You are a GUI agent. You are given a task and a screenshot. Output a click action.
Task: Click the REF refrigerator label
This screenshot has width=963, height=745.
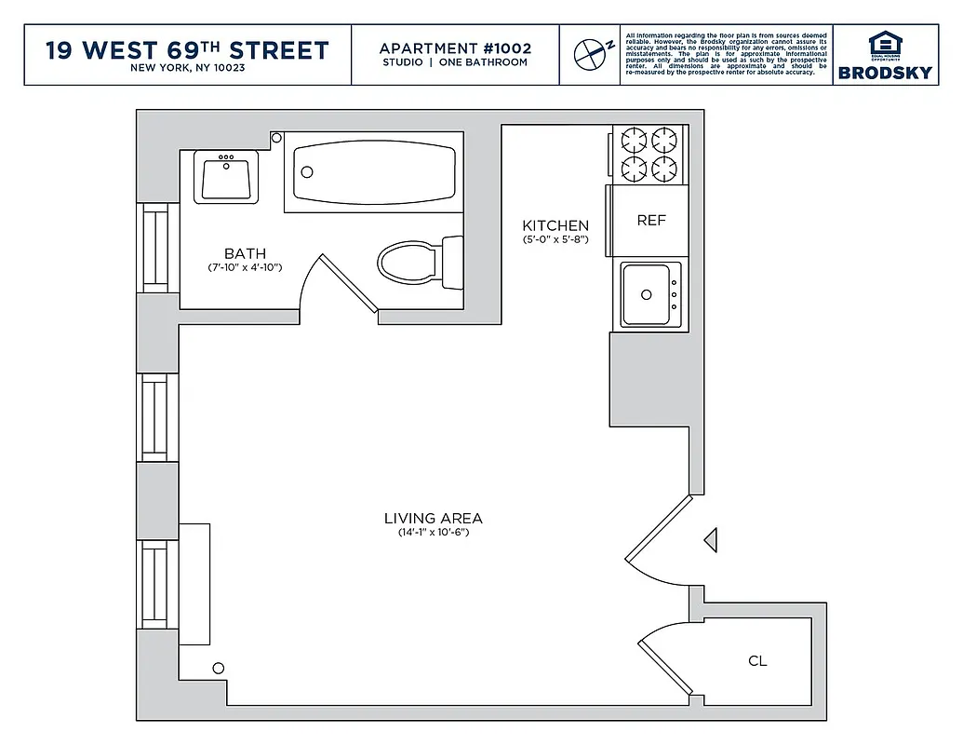coord(651,221)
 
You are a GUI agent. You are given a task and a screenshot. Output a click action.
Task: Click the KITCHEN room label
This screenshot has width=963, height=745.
coord(555,225)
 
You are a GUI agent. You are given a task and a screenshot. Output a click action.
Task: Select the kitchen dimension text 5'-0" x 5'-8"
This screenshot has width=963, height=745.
coord(555,240)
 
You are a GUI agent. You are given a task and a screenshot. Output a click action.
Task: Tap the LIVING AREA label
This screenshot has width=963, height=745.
coord(434,519)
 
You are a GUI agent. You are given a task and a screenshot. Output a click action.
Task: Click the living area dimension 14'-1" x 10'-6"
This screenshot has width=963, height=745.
coord(434,533)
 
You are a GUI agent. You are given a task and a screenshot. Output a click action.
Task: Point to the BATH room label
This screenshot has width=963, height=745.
coord(245,253)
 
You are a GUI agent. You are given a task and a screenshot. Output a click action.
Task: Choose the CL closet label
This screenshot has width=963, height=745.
coord(757,661)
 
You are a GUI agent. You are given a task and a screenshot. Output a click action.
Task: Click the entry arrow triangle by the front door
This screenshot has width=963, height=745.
coord(710,539)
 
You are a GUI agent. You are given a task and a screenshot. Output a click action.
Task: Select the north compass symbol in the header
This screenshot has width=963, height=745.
coord(590,54)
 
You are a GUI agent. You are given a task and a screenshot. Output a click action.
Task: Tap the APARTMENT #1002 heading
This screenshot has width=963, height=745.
coord(456,48)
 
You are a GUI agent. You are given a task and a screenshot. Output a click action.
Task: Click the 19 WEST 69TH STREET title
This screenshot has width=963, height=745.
coord(187,49)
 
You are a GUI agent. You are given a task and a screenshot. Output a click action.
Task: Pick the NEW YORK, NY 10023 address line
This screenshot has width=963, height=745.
coord(187,69)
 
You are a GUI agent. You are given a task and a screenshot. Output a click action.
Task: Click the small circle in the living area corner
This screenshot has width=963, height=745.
coord(219,668)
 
